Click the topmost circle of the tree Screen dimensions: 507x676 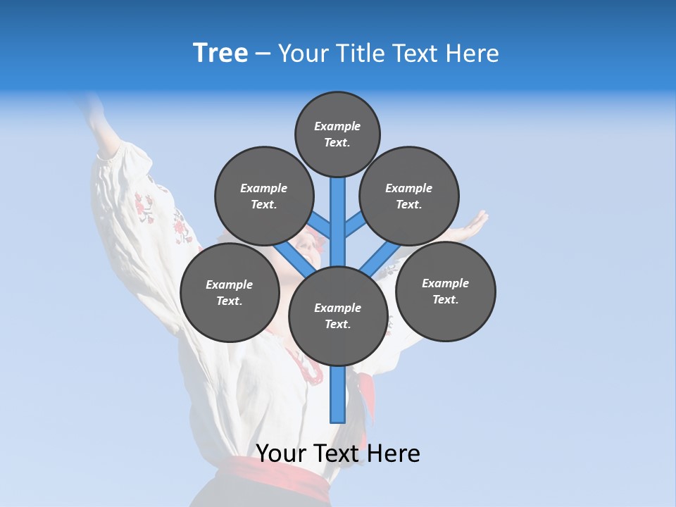coord(337,134)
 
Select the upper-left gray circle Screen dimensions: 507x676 coord(263,196)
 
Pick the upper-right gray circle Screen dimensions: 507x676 coord(409,196)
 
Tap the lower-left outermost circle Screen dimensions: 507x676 coord(230,292)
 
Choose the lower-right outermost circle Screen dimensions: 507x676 coord(445,291)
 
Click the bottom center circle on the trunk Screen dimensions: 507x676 coord(338,316)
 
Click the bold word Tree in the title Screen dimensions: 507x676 coord(220,54)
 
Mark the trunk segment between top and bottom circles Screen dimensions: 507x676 coord(338,218)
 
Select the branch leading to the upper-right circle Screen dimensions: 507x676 coord(356,224)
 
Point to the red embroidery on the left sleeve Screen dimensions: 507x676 coord(144,208)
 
